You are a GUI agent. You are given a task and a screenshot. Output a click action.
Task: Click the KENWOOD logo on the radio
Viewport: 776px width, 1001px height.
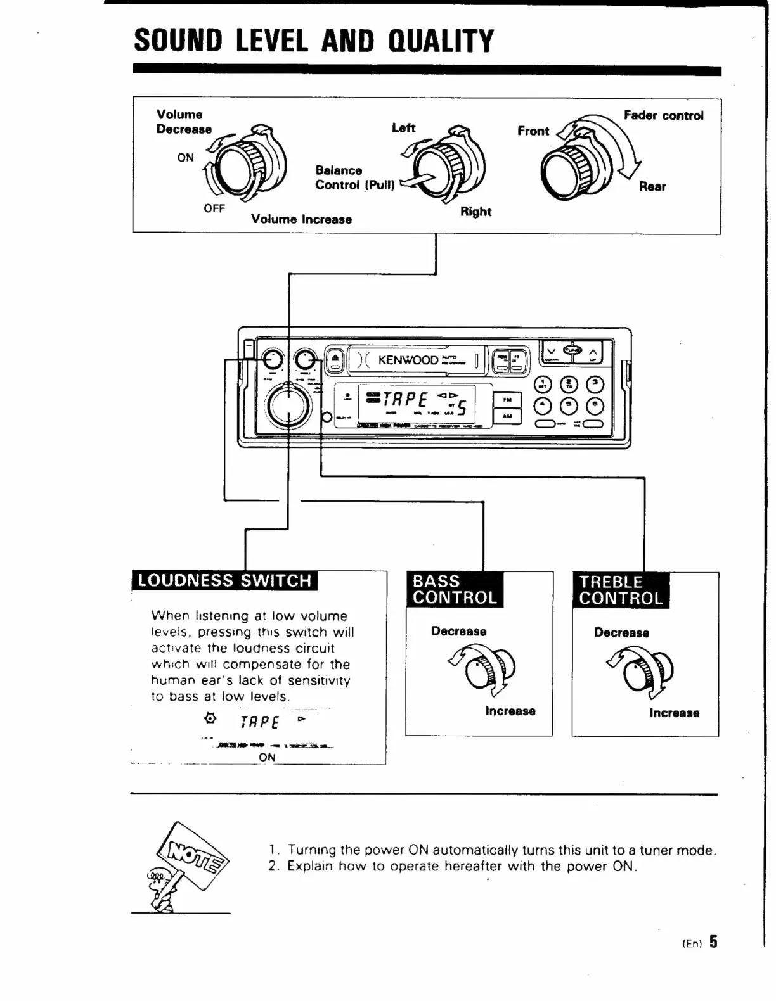[x=408, y=360]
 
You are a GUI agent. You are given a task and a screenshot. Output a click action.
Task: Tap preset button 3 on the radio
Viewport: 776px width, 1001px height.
[x=595, y=385]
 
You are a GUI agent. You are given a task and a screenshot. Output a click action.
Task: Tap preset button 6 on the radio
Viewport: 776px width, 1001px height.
[x=595, y=405]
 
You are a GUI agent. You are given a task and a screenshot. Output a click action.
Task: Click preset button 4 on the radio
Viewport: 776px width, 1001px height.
[x=543, y=405]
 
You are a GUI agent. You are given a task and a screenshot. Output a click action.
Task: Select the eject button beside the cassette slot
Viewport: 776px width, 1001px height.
[x=335, y=360]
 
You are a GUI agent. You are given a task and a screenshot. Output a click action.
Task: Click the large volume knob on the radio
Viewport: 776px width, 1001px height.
[x=288, y=407]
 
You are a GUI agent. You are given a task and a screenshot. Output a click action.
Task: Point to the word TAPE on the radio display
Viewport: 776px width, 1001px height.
[x=405, y=400]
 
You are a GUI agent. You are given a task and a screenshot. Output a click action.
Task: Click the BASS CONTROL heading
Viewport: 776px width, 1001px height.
[x=455, y=589]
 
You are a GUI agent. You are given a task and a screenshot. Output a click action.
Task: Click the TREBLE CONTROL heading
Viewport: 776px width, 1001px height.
[x=621, y=590]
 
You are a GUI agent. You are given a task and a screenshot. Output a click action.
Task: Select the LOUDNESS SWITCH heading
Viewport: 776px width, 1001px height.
[x=224, y=580]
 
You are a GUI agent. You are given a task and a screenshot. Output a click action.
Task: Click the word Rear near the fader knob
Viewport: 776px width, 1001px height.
[x=652, y=186]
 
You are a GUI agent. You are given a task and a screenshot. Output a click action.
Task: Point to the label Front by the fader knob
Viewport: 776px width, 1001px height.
[x=533, y=131]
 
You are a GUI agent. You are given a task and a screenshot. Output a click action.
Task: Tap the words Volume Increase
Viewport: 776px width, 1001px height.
[x=301, y=219]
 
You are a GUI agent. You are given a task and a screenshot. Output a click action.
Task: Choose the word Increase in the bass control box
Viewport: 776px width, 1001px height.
[x=510, y=711]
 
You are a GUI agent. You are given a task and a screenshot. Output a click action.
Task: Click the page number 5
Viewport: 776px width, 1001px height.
[x=713, y=941]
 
